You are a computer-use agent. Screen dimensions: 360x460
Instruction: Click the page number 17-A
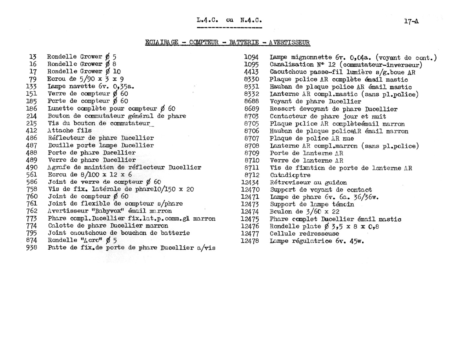tap(411, 21)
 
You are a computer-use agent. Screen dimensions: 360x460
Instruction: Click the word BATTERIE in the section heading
tap(244, 43)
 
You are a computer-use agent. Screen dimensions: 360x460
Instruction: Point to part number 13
tap(33, 57)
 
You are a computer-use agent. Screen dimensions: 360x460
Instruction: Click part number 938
tap(32, 248)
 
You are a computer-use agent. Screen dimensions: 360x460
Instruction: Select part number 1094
tap(251, 57)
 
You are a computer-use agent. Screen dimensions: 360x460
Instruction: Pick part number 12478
tap(250, 241)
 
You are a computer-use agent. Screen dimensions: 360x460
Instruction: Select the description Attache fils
tap(70, 130)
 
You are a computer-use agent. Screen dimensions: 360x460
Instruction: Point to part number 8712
tap(252, 175)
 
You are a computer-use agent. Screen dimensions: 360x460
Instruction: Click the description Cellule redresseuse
tap(304, 234)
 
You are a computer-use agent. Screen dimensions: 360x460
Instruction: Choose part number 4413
tap(251, 72)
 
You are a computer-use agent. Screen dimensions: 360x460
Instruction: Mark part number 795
tap(32, 233)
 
